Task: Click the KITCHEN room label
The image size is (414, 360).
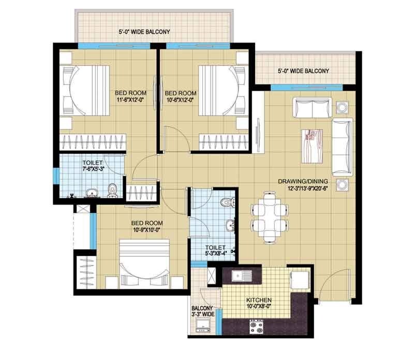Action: tap(259, 300)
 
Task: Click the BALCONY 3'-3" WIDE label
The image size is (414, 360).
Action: tap(202, 311)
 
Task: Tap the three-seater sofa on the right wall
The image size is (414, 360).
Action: tap(342, 146)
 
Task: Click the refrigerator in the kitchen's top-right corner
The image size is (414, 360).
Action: tap(299, 279)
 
